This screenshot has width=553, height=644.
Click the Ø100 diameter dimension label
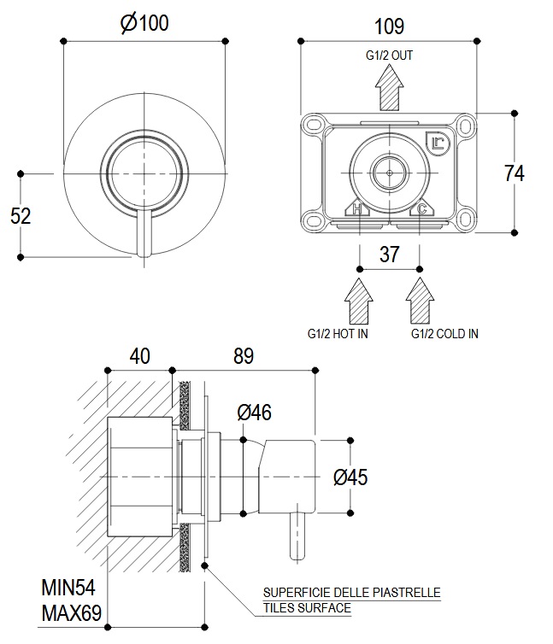144,24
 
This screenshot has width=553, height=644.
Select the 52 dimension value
21,215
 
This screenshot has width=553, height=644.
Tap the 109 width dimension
389,26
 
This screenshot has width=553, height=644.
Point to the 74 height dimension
514,173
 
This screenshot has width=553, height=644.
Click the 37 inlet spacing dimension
389,254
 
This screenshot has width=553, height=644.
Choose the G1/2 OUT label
389,56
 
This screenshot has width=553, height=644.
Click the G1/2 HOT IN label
338,334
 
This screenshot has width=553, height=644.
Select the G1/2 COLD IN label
444,334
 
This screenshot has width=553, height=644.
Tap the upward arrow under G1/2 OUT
390,87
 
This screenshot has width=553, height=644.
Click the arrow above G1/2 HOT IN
359,301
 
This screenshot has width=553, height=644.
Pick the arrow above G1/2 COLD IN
419,301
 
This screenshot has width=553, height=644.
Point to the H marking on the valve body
357,208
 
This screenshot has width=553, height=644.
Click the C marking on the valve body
421,208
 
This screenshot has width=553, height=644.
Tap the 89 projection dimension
243,356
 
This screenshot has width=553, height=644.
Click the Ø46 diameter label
255,413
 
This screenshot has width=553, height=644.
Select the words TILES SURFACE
307,608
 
